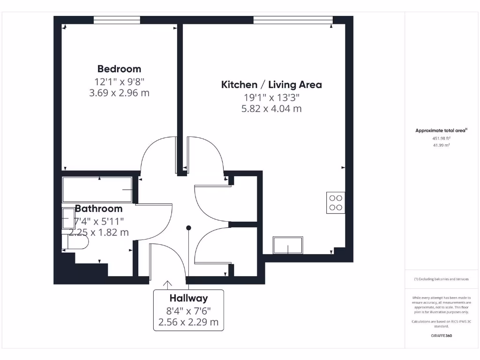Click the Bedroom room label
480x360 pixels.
(119, 69)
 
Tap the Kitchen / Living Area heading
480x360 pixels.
(271, 85)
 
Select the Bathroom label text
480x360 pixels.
(99, 209)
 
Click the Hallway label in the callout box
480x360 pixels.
(188, 298)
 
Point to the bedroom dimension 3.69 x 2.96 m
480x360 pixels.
(119, 93)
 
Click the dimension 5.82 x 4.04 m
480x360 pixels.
(271, 109)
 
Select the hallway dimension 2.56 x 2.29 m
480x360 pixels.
(188, 322)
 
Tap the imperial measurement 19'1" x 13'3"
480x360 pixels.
(271, 97)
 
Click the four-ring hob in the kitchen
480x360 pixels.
(336, 202)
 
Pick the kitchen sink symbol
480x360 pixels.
(288, 245)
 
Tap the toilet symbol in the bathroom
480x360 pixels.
(77, 241)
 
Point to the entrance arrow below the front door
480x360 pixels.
(167, 284)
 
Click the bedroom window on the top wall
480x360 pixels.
(117, 20)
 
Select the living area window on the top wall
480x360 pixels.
(293, 20)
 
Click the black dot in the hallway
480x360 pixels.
(189, 228)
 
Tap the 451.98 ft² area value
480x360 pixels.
(441, 138)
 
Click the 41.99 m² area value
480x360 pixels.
(441, 145)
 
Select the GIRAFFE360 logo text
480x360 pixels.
(441, 336)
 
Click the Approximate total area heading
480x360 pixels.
(441, 131)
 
